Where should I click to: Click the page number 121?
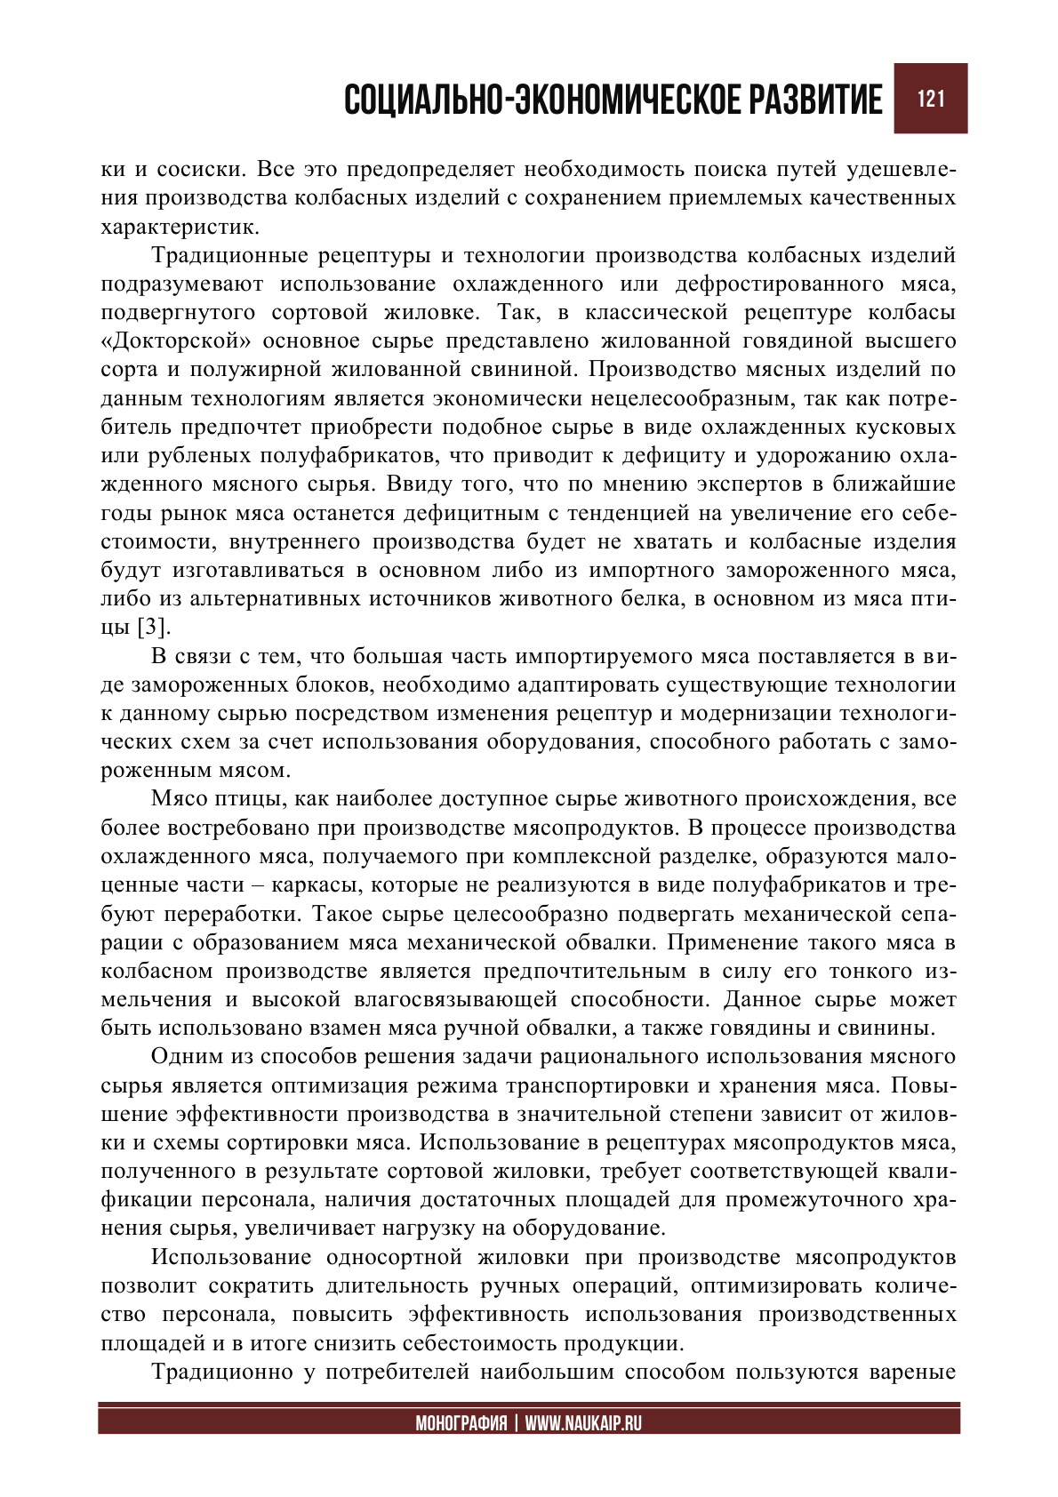(x=930, y=99)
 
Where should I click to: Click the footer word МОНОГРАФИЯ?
(x=461, y=1423)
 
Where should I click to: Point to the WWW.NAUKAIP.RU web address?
(x=582, y=1423)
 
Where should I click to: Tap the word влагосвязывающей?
(x=455, y=1000)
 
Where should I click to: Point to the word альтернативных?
(x=266, y=599)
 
